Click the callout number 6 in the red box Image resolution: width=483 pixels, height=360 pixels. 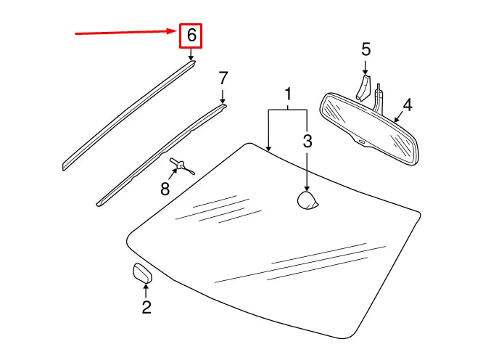pyautogui.click(x=191, y=35)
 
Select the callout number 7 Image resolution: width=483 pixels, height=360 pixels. pyautogui.click(x=223, y=78)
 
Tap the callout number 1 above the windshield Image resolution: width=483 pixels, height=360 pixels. pyautogui.click(x=288, y=94)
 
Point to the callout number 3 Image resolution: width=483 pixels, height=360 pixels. pyautogui.click(x=307, y=142)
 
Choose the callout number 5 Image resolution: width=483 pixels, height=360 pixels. pyautogui.click(x=366, y=49)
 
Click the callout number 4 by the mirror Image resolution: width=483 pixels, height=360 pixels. pyautogui.click(x=408, y=105)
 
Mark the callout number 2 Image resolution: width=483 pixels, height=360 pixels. pyautogui.click(x=146, y=308)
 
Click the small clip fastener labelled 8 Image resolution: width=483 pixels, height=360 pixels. pyautogui.click(x=180, y=165)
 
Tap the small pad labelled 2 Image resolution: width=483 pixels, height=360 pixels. pyautogui.click(x=141, y=274)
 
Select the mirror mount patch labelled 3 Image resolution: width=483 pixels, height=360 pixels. pyautogui.click(x=308, y=200)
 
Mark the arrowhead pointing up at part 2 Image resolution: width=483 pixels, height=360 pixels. pyautogui.click(x=145, y=288)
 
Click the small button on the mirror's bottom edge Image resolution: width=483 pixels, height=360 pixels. pyautogui.click(x=361, y=142)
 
